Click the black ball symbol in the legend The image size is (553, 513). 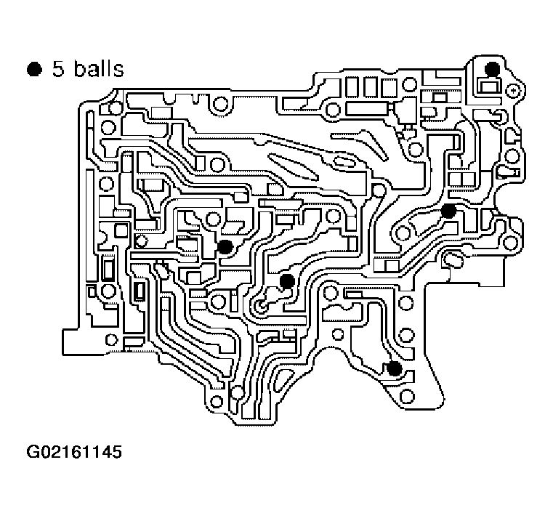pos(33,70)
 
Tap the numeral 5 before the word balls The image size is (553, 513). pos(57,70)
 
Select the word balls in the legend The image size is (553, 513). pos(96,70)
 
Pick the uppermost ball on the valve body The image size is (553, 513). pos(493,69)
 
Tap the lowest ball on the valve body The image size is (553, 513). pos(394,368)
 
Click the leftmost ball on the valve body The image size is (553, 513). pos(225,247)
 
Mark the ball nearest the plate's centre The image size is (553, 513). pos(287,280)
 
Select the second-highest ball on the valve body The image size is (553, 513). pos(448,211)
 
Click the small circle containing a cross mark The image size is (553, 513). pos(514,89)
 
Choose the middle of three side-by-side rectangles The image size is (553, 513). pos(370,88)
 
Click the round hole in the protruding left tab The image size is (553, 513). pos(111,339)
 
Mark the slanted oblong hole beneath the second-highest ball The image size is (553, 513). pos(453,259)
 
